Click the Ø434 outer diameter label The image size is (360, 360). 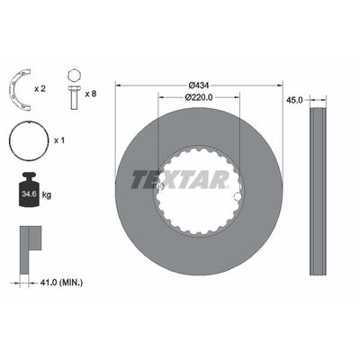pyautogui.click(x=198, y=85)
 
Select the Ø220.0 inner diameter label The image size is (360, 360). pyautogui.click(x=199, y=97)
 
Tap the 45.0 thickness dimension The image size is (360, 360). pyautogui.click(x=294, y=100)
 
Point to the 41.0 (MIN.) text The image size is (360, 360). pyautogui.click(x=61, y=283)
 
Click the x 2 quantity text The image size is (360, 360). pyautogui.click(x=40, y=89)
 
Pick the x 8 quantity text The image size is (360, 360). pyautogui.click(x=91, y=94)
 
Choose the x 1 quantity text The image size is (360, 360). pyautogui.click(x=59, y=140)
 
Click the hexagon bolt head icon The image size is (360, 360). pyautogui.click(x=74, y=75)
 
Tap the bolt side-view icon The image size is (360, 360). pyautogui.click(x=74, y=97)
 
